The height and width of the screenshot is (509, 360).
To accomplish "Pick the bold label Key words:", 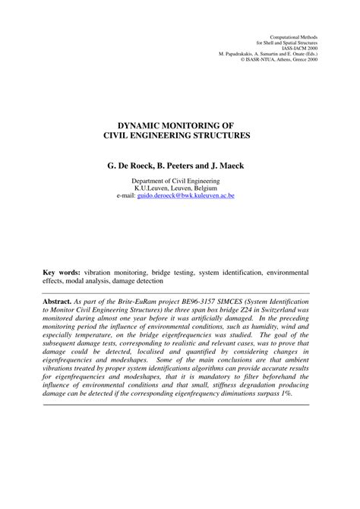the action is tap(62, 270).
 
